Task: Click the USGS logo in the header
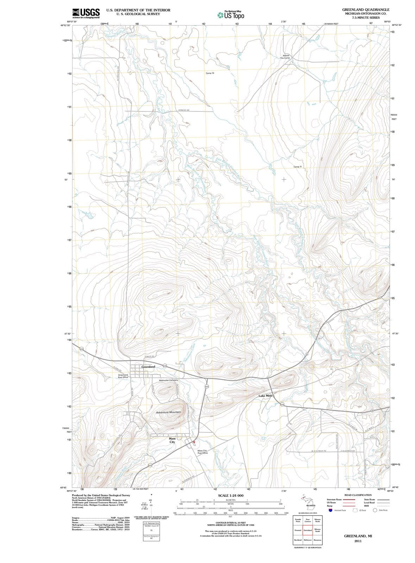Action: (86, 13)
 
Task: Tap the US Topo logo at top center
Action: (231, 15)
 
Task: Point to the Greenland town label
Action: (148, 367)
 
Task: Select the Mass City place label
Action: (172, 440)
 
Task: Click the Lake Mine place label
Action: (265, 396)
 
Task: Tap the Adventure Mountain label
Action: (168, 412)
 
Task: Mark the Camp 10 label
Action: (210, 73)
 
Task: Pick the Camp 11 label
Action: (297, 166)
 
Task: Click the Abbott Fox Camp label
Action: (285, 57)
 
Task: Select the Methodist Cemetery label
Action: (169, 380)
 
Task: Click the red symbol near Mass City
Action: (194, 442)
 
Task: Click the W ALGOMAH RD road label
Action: (319, 451)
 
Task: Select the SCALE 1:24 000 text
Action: (231, 495)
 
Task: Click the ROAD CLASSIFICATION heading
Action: (357, 495)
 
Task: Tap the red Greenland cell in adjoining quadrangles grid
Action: (308, 530)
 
